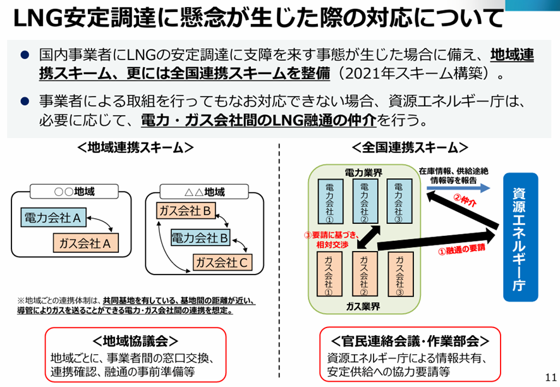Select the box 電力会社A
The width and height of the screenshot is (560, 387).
(54, 218)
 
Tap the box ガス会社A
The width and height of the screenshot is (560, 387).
(86, 242)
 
